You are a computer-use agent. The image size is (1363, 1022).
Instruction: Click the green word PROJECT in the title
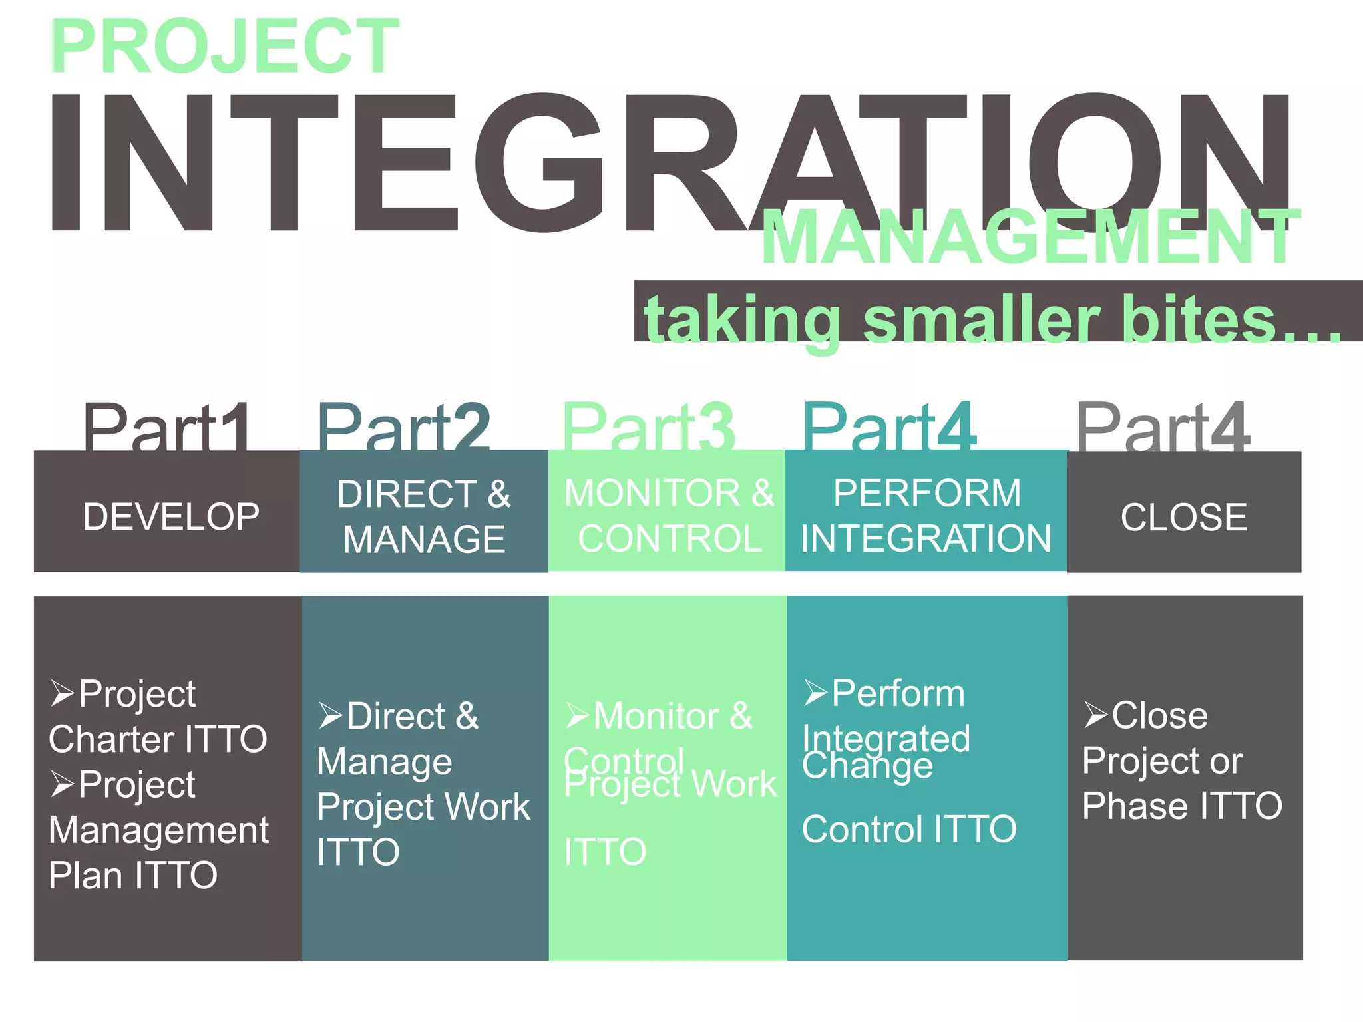click(225, 47)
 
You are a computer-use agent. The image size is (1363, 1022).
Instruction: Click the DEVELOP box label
click(171, 517)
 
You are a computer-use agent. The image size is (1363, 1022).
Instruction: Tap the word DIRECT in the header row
click(405, 494)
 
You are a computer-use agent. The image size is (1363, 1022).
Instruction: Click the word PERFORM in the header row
click(926, 494)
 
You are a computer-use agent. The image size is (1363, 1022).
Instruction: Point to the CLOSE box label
click(1183, 517)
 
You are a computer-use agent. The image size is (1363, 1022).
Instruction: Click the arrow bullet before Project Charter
click(62, 693)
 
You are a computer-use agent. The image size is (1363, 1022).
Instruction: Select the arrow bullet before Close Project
click(1095, 715)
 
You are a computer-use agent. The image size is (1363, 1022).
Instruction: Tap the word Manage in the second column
click(384, 761)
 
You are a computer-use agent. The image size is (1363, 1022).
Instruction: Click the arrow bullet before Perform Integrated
click(815, 693)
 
